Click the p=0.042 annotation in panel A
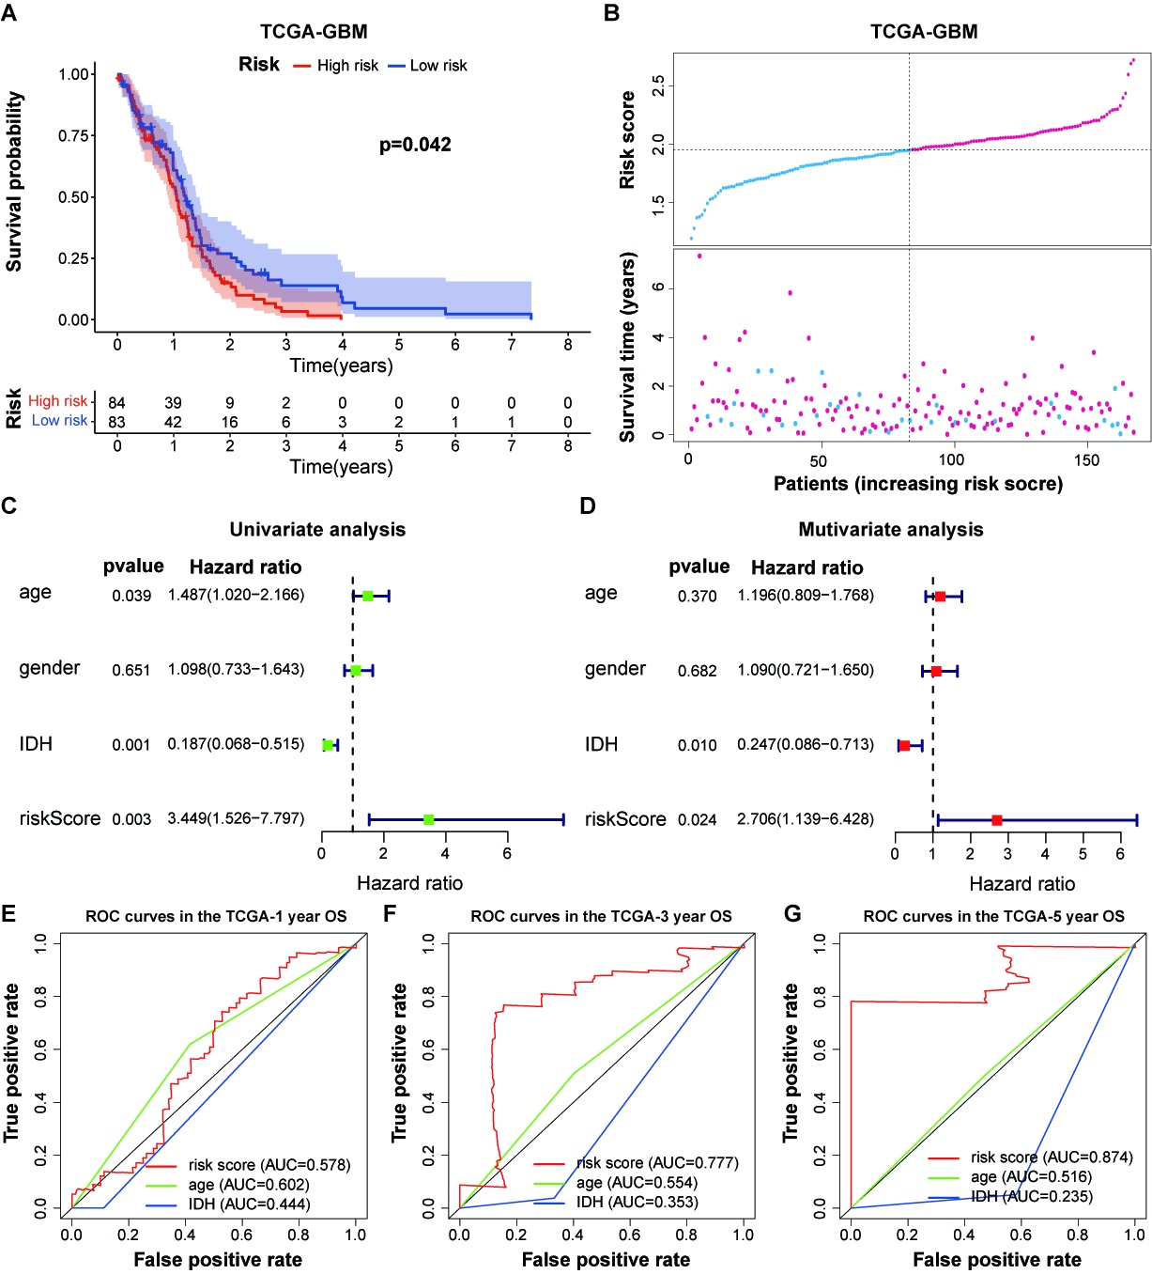coord(415,145)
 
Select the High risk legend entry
coord(346,66)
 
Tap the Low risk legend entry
coord(438,66)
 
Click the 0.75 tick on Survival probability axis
coord(74,135)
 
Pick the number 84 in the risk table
coord(116,403)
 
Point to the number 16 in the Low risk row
coord(230,422)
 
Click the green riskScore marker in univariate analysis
coord(429,820)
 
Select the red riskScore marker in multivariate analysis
coord(997,820)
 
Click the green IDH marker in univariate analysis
coord(328,745)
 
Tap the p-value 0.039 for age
coord(131,596)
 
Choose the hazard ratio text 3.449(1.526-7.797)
coord(236,818)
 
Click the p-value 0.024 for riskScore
coord(698,820)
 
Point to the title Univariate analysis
coord(317,530)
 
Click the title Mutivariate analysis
coord(890,530)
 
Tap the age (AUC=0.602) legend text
coord(249,1185)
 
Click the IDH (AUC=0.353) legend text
coord(637,1203)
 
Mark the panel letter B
coord(611,13)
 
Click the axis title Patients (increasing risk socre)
coord(917,484)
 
